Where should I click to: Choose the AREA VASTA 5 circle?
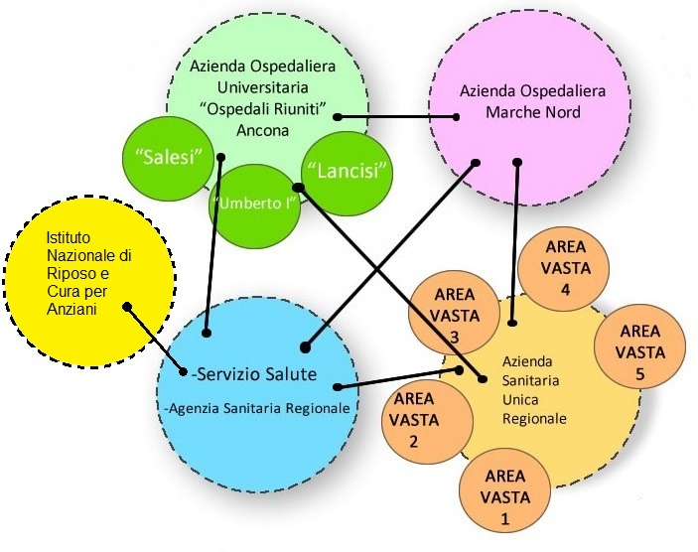tap(639, 349)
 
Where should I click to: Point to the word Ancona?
tap(262, 130)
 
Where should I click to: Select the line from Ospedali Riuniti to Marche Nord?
tap(397, 117)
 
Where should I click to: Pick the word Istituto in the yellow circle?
tap(67, 238)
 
